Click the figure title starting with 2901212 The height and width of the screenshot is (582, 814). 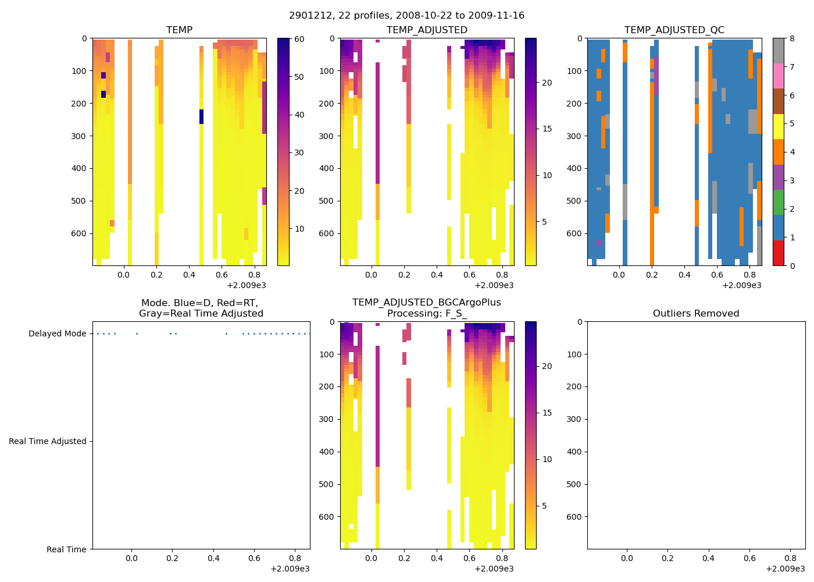click(406, 16)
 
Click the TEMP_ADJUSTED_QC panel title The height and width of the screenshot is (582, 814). click(674, 30)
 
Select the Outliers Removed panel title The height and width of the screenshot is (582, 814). click(695, 313)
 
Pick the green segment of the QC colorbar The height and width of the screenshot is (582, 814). click(779, 202)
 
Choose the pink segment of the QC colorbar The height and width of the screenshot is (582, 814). click(779, 76)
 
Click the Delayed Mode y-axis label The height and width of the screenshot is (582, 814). click(57, 333)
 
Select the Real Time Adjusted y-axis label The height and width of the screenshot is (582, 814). click(47, 441)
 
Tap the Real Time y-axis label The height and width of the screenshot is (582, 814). click(66, 549)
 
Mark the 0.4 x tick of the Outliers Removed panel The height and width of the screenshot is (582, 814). click(708, 558)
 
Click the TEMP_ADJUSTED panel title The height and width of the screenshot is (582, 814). click(427, 30)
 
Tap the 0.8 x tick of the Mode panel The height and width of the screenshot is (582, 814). click(295, 558)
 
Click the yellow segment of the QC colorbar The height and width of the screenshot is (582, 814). click(779, 126)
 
